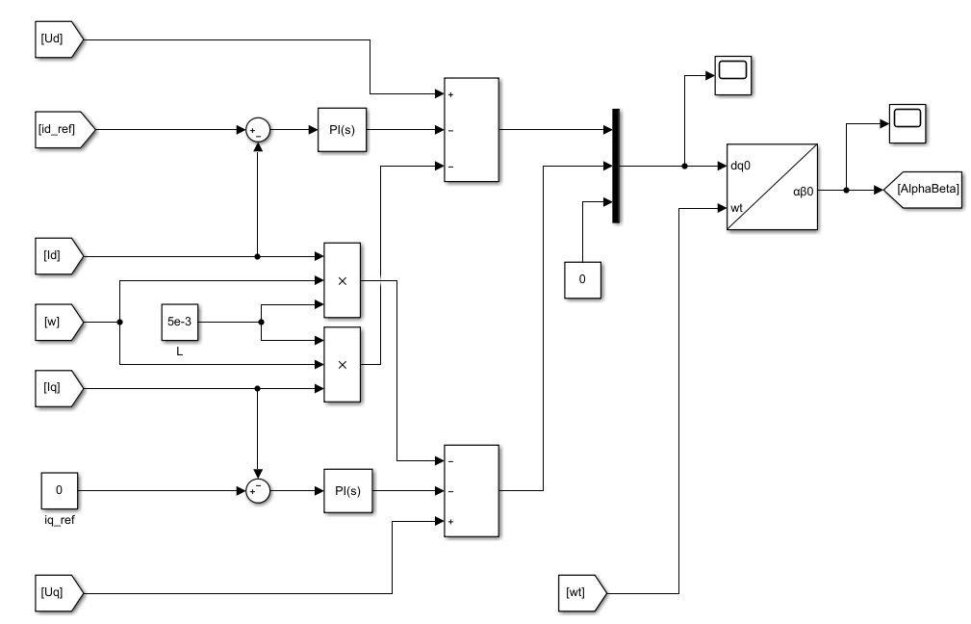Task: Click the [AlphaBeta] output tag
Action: [x=927, y=190]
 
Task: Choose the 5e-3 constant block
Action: [x=179, y=322]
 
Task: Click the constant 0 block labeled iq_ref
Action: [x=59, y=490]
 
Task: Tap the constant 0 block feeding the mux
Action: [x=582, y=278]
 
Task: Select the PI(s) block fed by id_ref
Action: [x=342, y=130]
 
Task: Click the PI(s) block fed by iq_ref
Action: [x=346, y=490]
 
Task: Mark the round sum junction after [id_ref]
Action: [x=257, y=130]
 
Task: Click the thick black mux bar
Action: [x=615, y=166]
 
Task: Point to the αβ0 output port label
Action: [x=803, y=191]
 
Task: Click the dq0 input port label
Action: [x=741, y=166]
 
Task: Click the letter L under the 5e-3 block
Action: [x=179, y=352]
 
